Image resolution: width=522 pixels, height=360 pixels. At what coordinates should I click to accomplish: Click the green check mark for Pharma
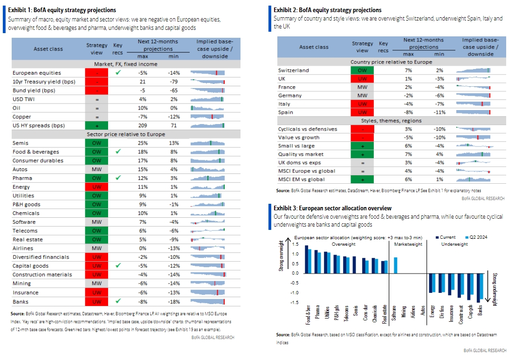tap(118, 178)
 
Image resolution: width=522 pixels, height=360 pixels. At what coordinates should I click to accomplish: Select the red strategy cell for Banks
tap(96, 301)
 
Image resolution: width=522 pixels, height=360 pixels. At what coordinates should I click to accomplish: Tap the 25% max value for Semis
tap(143, 143)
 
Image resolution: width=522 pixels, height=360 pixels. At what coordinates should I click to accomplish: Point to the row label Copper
tap(21, 117)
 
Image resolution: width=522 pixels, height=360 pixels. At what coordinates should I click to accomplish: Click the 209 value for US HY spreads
tap(143, 125)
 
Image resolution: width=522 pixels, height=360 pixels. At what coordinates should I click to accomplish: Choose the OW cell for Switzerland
tap(362, 70)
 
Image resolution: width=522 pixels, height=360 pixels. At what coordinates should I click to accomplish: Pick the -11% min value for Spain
tap(440, 112)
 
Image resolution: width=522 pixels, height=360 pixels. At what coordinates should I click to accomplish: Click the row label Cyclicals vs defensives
tap(308, 129)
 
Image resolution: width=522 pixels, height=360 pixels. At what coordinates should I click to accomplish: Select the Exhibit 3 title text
tap(333, 208)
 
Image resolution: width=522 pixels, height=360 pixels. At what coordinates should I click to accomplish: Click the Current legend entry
tap(446, 237)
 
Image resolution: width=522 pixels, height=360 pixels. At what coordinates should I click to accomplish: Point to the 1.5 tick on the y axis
tap(295, 244)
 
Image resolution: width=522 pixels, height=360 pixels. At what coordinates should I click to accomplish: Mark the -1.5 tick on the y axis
tap(295, 302)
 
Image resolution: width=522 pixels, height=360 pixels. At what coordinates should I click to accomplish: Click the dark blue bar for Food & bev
tap(306, 259)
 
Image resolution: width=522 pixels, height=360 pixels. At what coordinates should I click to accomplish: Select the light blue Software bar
tap(396, 265)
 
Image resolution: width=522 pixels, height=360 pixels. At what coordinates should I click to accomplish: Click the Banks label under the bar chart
tap(480, 311)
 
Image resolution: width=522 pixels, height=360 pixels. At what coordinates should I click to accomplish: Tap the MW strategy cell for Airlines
tap(96, 248)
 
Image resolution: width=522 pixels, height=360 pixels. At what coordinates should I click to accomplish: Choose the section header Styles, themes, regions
tap(391, 121)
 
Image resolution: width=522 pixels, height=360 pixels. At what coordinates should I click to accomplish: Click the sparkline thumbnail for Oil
tap(207, 108)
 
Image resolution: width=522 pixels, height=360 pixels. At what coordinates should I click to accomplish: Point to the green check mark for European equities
tap(118, 72)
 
